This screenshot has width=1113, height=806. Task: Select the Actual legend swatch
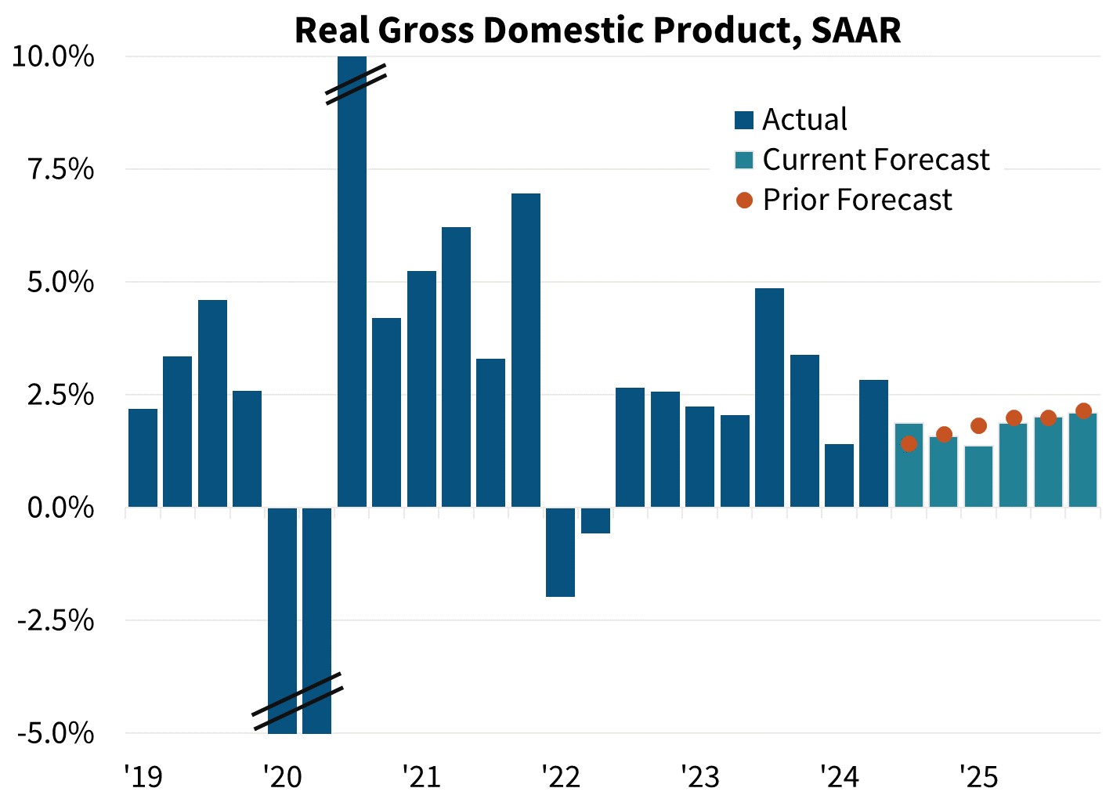tap(743, 120)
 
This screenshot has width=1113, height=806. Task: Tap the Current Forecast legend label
tap(876, 160)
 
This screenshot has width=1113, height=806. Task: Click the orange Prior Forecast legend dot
tap(744, 201)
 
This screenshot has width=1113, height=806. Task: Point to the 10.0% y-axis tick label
tap(53, 57)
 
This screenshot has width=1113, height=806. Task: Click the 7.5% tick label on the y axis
tap(61, 170)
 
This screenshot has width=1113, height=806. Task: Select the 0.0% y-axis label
tap(61, 508)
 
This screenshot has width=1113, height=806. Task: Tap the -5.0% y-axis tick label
tap(56, 734)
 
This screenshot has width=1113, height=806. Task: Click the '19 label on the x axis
tap(143, 776)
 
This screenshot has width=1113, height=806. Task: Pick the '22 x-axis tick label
tap(561, 776)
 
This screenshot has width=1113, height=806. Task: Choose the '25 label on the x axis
tap(979, 776)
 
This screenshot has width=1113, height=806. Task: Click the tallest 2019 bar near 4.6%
tap(212, 403)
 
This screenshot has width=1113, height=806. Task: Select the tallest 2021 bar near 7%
tap(526, 350)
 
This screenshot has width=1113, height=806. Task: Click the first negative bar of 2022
tap(560, 552)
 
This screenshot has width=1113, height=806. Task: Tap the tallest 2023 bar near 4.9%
tap(769, 398)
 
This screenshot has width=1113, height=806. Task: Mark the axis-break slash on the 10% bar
tap(356, 85)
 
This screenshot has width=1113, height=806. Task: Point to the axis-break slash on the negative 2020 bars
tap(298, 701)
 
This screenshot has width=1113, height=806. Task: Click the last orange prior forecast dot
tap(1083, 411)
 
